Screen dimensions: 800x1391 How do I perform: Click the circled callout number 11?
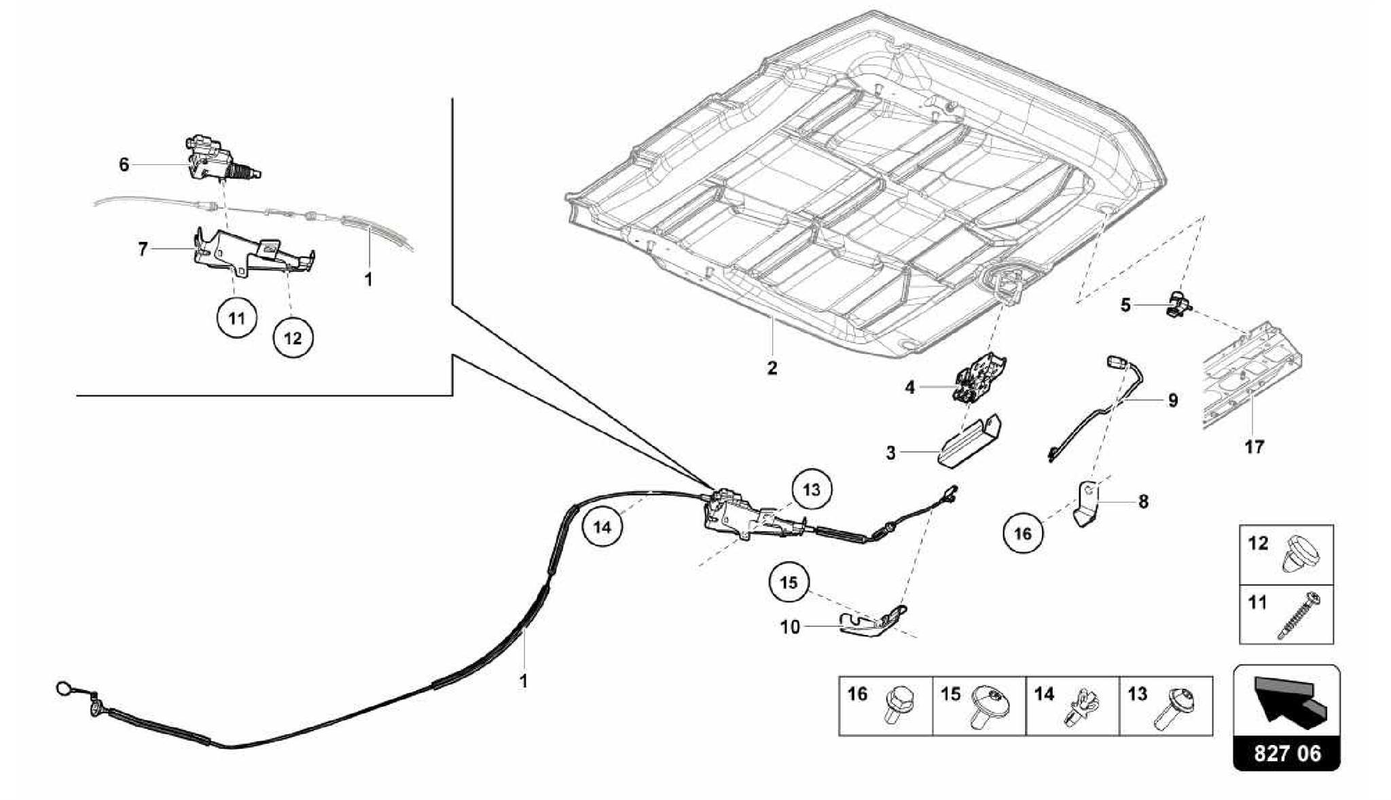point(236,317)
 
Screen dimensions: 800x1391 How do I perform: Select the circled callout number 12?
point(293,338)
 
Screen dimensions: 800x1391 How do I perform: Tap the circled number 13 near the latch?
point(812,489)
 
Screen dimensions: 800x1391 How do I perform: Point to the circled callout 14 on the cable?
point(602,527)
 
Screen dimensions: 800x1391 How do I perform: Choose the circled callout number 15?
point(789,583)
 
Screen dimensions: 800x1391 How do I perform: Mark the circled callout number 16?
point(1023,534)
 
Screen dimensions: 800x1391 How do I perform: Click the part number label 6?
point(124,164)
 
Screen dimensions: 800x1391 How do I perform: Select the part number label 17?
point(1254,447)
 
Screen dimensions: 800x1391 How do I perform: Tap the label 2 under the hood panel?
point(772,368)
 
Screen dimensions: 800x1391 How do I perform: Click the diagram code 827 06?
point(1287,753)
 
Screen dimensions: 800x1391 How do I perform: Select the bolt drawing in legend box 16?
point(899,707)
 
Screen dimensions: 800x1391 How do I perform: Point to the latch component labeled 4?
point(979,379)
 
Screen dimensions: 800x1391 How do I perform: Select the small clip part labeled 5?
point(1178,304)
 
